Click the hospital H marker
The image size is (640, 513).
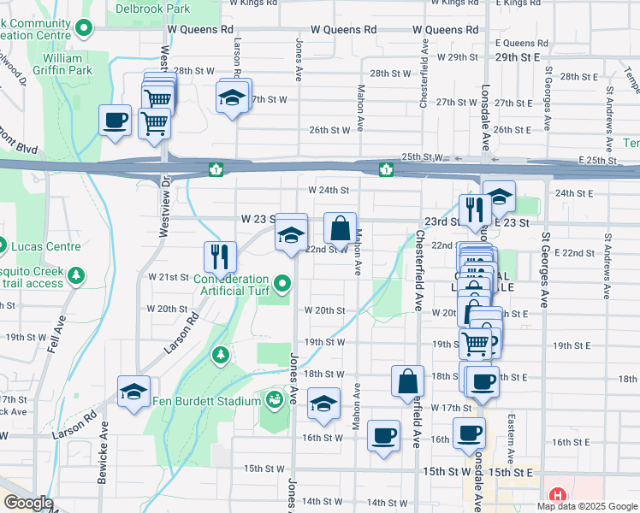(x=558, y=495)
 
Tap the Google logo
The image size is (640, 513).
(x=28, y=504)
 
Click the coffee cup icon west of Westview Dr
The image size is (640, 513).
(x=115, y=121)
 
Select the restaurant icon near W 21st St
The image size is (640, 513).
(x=220, y=256)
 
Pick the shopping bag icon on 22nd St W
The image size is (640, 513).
(x=340, y=228)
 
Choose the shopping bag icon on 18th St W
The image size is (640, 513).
(x=408, y=381)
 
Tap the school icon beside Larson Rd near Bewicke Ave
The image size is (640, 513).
(x=134, y=392)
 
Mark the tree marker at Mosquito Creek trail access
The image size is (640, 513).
(x=78, y=275)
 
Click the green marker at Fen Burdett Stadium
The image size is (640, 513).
(x=274, y=399)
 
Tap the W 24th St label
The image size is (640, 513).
(x=329, y=190)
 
